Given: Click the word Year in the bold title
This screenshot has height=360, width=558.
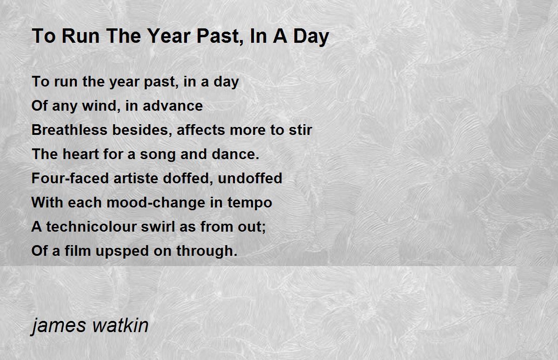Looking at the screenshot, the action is click(x=169, y=36).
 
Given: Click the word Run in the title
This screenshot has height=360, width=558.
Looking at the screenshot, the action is click(x=81, y=36).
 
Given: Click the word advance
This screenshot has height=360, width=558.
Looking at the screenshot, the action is click(x=173, y=106).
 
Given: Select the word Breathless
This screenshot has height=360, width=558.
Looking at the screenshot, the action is click(x=69, y=130).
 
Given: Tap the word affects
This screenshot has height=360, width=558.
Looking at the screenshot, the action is click(x=201, y=130).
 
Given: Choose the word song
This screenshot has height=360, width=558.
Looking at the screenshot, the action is click(x=158, y=155).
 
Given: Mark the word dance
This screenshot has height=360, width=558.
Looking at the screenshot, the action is click(x=235, y=154).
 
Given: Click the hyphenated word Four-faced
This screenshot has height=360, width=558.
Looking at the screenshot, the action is click(x=70, y=178).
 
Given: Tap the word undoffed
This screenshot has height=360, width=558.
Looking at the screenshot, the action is click(x=250, y=178).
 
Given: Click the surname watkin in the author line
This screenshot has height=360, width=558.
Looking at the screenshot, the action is click(x=120, y=326).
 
